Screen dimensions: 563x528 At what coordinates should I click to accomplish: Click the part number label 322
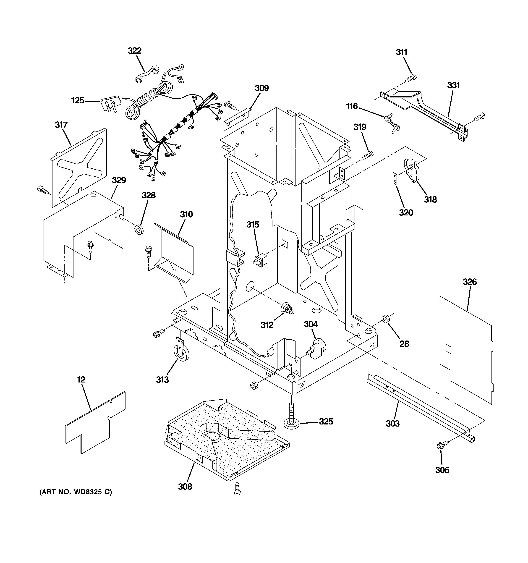point(134,51)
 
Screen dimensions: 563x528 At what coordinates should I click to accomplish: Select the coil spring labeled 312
point(287,308)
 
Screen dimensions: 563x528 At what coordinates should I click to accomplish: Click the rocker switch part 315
point(260,260)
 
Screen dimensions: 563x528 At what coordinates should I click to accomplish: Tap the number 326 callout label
point(470,282)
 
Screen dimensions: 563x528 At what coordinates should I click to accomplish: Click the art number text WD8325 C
point(76,492)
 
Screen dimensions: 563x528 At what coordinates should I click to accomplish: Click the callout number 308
point(185,487)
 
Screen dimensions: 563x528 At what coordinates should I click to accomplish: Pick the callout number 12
point(81,380)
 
